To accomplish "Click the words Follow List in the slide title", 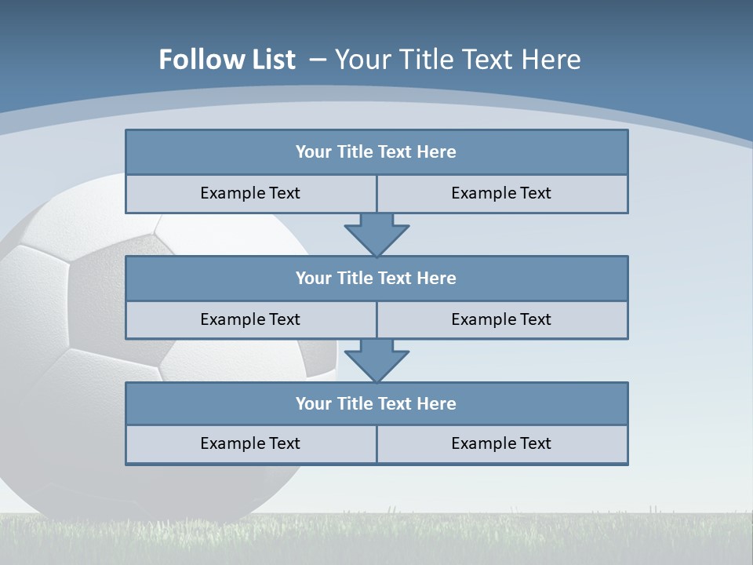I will click(227, 60).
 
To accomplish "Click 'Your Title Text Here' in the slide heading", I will click(457, 60).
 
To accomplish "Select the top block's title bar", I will click(376, 152).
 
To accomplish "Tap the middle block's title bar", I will click(376, 279).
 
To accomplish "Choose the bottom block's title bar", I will click(376, 404).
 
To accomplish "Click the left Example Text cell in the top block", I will click(250, 194).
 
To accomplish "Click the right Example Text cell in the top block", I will click(501, 194).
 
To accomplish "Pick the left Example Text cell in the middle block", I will click(250, 320).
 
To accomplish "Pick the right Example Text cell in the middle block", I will click(501, 320).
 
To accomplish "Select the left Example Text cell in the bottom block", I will click(250, 444).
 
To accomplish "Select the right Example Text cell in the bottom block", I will click(501, 444).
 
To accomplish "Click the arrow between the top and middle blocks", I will click(376, 235).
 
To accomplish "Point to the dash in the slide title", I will click(318, 60).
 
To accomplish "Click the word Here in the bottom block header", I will click(437, 404).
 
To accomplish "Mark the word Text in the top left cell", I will click(285, 194).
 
